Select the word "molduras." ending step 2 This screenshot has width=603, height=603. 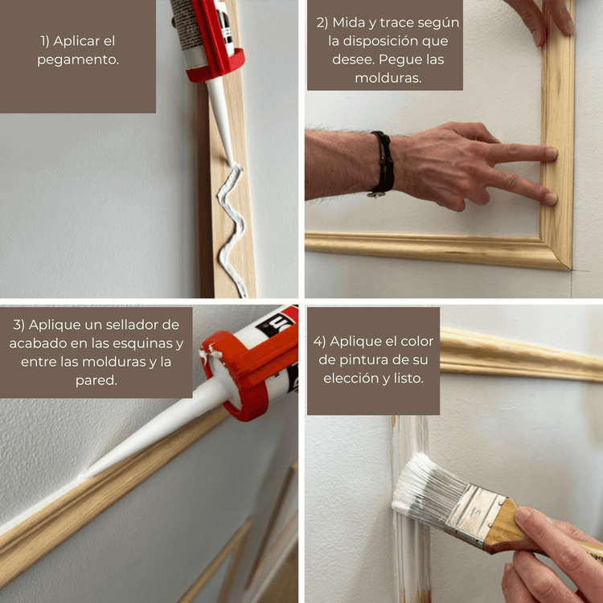point(388,78)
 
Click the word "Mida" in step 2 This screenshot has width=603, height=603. point(349,23)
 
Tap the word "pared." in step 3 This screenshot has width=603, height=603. point(96,381)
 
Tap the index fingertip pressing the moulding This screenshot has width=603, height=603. point(550,154)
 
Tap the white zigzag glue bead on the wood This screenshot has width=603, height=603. point(232,227)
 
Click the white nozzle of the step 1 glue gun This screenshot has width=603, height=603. point(221,119)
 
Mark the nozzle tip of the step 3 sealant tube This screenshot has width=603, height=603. point(81,478)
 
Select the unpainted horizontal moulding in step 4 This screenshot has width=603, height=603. point(521,355)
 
